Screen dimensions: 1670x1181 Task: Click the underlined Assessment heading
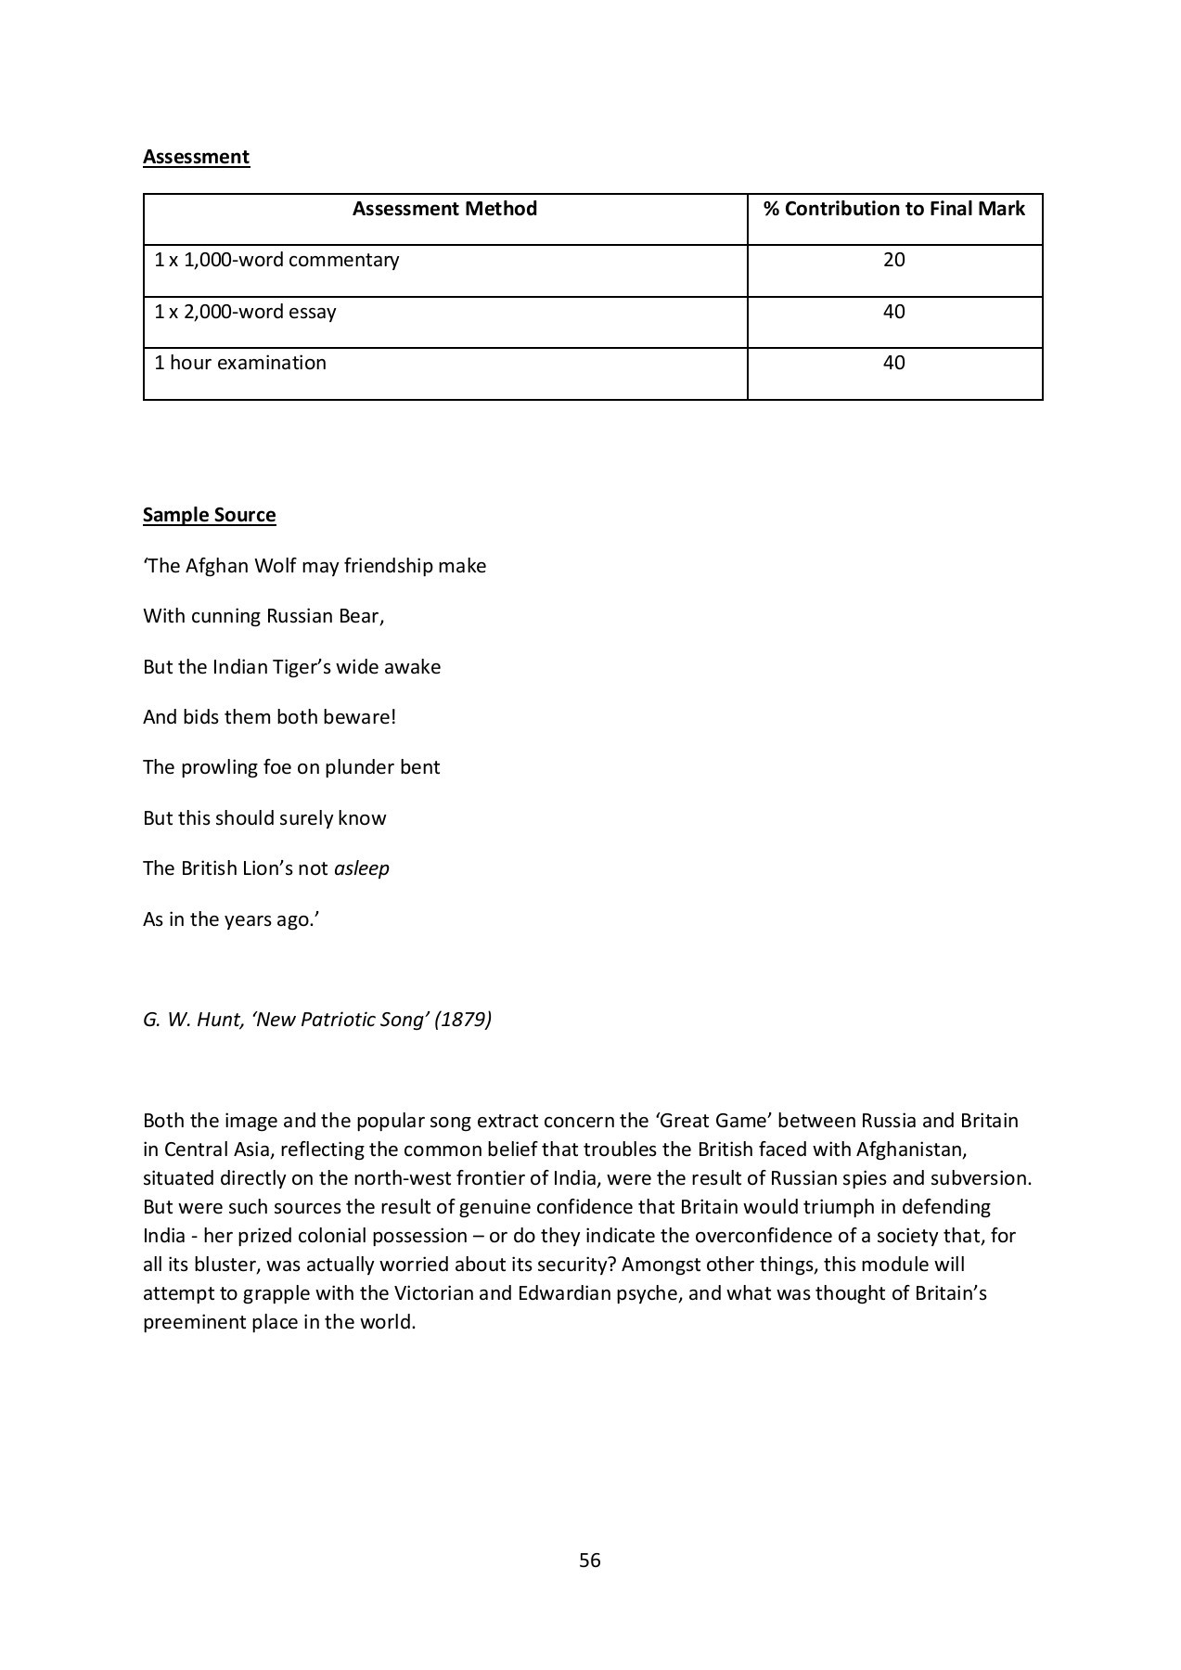196,156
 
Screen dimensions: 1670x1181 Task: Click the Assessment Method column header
444,209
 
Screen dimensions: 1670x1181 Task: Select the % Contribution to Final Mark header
893,209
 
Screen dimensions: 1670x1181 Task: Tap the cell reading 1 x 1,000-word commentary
276,260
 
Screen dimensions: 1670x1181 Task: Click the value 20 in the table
893,260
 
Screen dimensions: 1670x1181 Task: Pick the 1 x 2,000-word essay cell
245,312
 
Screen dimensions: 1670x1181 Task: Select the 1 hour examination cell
240,363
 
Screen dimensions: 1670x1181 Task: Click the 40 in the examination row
893,363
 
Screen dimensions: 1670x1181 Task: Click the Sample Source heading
209,515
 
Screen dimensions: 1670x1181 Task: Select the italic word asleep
361,868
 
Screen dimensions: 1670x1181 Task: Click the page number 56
590,1561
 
